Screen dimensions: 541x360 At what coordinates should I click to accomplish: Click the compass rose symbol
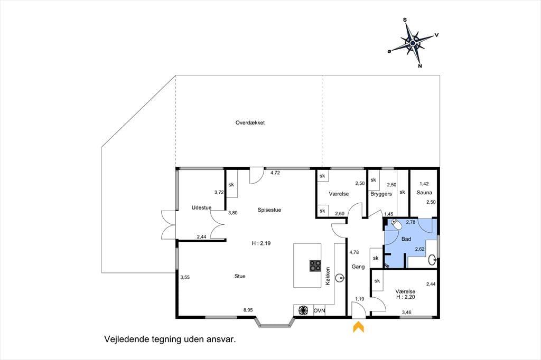[413, 43]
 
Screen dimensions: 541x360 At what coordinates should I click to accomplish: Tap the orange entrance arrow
[359, 327]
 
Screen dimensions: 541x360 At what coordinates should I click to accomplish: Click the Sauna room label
[424, 193]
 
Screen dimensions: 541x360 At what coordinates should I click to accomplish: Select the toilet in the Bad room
[397, 224]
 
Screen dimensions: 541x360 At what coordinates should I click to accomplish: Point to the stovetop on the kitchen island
[315, 266]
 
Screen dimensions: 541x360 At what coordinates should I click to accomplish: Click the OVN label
[319, 311]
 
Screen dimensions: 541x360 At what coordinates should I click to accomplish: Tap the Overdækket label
[250, 123]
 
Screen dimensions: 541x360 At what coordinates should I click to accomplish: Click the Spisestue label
[269, 210]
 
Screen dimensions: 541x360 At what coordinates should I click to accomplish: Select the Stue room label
[240, 276]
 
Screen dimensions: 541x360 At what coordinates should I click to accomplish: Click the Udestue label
[201, 207]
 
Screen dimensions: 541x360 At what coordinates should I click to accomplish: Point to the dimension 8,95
[248, 310]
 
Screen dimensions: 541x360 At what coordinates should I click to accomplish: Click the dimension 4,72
[275, 173]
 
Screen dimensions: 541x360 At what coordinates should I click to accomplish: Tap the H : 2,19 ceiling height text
[261, 243]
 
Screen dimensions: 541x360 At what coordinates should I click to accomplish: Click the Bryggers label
[381, 194]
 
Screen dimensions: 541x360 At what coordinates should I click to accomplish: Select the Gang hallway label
[358, 267]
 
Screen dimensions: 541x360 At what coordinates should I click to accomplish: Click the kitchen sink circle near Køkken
[341, 277]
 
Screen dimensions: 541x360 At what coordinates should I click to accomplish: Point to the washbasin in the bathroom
[433, 260]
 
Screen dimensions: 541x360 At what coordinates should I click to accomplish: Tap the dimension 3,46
[406, 312]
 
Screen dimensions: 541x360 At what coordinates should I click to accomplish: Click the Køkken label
[328, 276]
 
